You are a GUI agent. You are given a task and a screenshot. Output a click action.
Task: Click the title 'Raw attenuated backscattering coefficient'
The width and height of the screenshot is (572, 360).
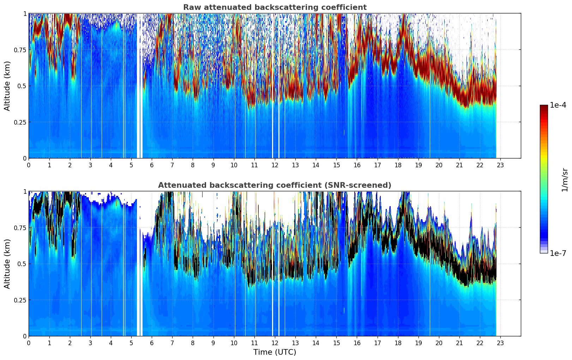[275, 7]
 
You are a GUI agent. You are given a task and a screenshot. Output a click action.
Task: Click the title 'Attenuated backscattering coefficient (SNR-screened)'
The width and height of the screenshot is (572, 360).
[275, 185]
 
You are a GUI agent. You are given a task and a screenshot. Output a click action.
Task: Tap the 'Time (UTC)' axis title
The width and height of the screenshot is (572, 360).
[275, 352]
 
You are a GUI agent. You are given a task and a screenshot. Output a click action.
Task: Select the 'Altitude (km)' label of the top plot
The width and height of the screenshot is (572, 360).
[7, 86]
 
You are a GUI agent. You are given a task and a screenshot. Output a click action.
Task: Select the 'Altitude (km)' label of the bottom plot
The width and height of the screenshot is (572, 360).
[7, 264]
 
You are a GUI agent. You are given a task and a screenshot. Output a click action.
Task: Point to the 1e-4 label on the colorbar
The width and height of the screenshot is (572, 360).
[558, 105]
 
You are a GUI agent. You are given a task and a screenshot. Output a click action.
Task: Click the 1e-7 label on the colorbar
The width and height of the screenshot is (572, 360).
[558, 253]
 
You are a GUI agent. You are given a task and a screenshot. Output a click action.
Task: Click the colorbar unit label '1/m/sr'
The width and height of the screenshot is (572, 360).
[564, 180]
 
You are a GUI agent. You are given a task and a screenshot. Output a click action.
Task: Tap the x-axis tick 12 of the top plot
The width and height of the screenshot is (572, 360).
[275, 165]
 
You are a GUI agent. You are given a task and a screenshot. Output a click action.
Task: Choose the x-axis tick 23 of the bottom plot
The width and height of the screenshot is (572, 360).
[500, 343]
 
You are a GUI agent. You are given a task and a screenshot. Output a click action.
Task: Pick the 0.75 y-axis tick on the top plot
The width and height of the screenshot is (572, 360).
[20, 50]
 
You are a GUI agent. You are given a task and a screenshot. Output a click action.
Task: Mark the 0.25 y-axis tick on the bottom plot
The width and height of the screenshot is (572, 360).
[20, 300]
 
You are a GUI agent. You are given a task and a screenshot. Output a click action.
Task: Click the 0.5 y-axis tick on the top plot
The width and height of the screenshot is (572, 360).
[22, 86]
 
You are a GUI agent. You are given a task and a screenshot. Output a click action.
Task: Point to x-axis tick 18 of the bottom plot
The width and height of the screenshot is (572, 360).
[398, 343]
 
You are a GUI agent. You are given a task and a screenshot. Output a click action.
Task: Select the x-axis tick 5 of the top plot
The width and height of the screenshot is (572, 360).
[131, 165]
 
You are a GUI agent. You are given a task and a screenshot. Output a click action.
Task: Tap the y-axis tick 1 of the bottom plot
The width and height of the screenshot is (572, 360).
[25, 191]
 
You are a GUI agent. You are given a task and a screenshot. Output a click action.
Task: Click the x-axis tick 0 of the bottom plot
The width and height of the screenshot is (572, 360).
[29, 343]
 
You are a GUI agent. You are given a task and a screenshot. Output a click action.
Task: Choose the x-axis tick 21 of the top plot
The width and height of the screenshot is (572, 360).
[459, 165]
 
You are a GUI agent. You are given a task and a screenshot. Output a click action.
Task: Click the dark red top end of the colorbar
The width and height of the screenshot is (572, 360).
[544, 106]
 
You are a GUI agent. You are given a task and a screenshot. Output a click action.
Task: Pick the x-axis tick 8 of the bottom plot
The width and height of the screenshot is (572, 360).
[193, 343]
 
